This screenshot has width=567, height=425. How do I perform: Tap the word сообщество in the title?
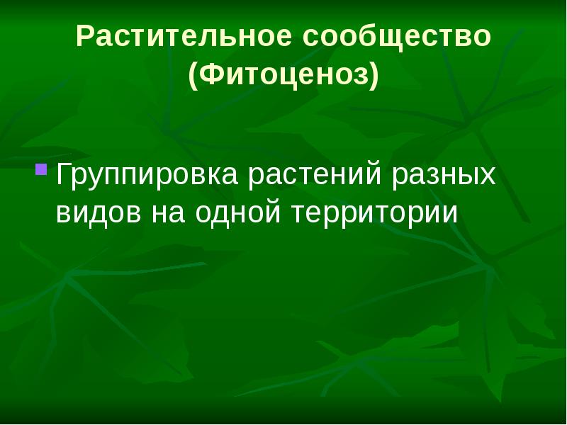click(x=398, y=38)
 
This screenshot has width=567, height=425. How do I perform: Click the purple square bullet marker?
click(x=41, y=170)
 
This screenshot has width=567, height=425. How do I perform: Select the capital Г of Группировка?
click(x=63, y=174)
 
